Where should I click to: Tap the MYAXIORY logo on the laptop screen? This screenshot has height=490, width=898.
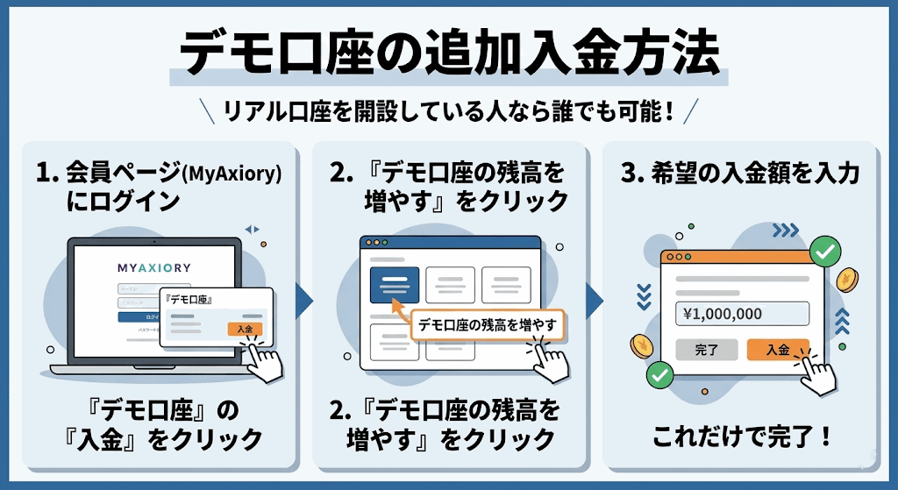point(154,266)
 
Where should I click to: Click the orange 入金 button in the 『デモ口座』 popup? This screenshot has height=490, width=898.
point(245,329)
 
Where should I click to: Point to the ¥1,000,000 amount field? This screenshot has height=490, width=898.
point(742,314)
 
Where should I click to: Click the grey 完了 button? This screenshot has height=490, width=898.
point(706,350)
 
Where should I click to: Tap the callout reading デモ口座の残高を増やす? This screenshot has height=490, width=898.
point(487,324)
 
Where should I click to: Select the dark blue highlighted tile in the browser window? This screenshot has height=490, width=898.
point(394,285)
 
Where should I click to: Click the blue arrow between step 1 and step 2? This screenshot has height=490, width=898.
point(304,301)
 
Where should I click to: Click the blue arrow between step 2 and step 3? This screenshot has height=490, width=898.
point(595,301)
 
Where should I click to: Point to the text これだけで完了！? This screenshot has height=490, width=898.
point(742,435)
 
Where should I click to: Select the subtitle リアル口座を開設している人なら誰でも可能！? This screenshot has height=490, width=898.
point(449,111)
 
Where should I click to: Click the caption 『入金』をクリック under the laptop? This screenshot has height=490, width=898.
point(162,437)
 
